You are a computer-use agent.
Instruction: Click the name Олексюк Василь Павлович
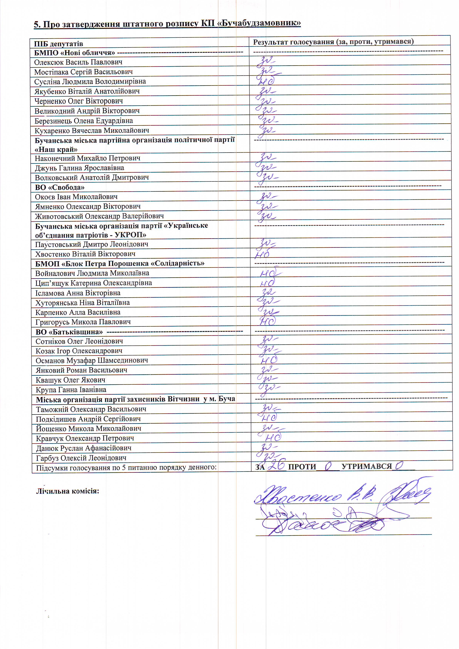[78, 62]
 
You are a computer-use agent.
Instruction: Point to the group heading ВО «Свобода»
[60, 187]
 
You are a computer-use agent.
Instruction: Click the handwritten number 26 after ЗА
[277, 465]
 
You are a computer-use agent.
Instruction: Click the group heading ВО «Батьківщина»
[69, 332]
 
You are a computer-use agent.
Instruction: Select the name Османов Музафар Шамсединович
[92, 360]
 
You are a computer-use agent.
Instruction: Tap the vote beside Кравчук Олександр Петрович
[273, 438]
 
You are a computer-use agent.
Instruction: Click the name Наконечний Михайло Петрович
[87, 158]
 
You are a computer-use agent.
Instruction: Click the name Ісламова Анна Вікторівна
[78, 293]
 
